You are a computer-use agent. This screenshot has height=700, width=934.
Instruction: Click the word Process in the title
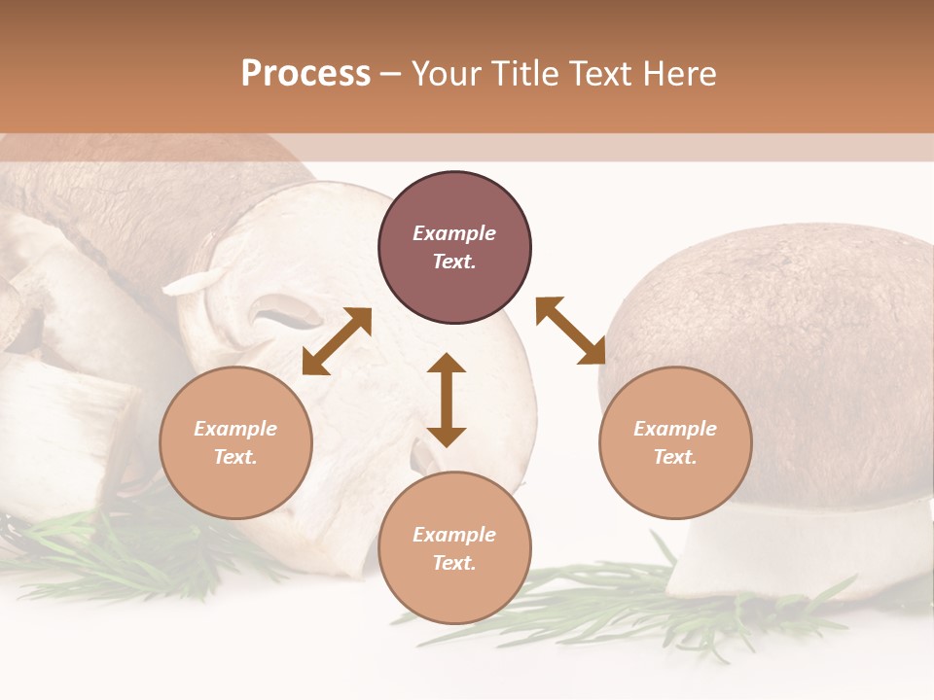pos(305,74)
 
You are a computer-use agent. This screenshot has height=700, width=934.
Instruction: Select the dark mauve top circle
pos(454,247)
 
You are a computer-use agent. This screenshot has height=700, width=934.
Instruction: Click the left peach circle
pos(235,443)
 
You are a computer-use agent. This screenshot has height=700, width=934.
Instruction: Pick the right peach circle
pos(675,443)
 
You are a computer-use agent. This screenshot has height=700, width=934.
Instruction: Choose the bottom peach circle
pos(454,547)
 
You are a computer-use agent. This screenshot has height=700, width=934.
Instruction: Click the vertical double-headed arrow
pos(447,400)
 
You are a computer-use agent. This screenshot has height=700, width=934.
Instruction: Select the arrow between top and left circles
pos(337,341)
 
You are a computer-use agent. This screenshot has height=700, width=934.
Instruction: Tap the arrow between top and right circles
pos(570,331)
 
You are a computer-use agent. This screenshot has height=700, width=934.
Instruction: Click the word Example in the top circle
pos(454,233)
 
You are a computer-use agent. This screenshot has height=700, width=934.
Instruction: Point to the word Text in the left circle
pos(235,458)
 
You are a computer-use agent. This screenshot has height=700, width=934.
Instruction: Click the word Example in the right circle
pos(675,429)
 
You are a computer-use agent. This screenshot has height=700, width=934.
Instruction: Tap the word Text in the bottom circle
pos(453,564)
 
